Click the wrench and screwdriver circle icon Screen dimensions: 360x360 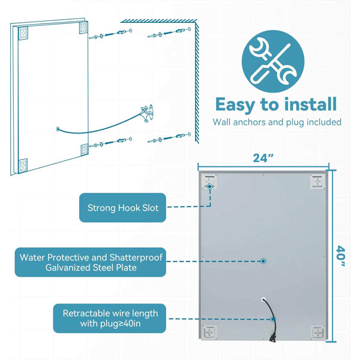point(273,61)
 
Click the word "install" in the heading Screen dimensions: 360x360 point(310,104)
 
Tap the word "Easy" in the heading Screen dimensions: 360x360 point(235,105)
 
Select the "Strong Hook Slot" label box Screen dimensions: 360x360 point(122,208)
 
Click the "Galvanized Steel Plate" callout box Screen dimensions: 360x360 point(90,262)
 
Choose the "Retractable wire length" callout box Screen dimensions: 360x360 point(110,318)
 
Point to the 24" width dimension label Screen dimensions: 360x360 point(263,158)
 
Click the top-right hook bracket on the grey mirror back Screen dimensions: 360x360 point(317,182)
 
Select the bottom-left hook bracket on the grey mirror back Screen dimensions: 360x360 point(209,332)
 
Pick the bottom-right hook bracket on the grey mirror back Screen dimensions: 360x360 point(318,332)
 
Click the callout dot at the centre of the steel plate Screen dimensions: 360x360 point(263,261)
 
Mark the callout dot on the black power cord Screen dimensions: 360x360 point(272,319)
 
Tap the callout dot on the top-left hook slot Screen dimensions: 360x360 point(209,187)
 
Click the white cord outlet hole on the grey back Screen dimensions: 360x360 point(263,299)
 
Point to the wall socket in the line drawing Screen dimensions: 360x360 point(148,113)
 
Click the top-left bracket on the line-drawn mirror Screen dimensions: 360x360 point(23,34)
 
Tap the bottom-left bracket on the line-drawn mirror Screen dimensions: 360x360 point(23,166)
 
